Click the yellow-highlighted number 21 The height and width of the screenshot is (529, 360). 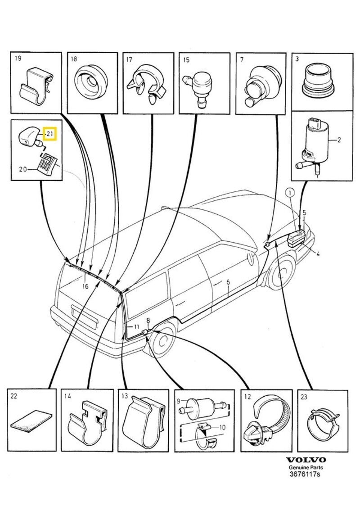click(49, 134)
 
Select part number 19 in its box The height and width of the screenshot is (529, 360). click(18, 59)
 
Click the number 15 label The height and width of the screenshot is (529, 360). click(186, 59)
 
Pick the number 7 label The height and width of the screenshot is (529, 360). click(242, 59)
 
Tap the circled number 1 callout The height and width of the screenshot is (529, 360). click(290, 193)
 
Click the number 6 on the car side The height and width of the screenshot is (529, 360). click(228, 282)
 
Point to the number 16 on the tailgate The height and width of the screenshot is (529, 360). click(85, 286)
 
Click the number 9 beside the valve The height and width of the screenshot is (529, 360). click(178, 401)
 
